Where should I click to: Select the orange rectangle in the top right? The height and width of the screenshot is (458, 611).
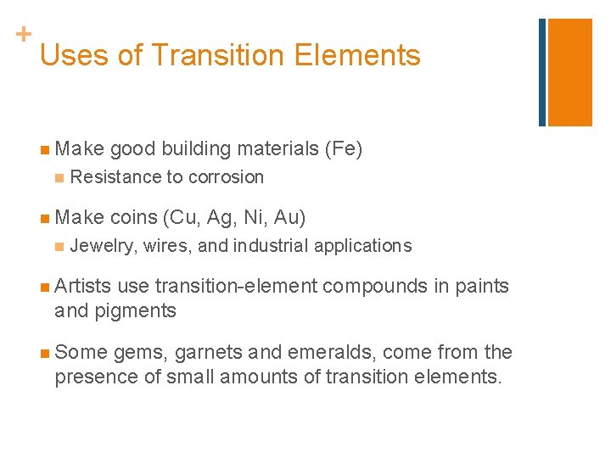click(x=569, y=72)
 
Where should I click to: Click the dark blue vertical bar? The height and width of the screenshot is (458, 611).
click(x=542, y=72)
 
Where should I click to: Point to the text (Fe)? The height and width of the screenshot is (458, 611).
click(x=344, y=149)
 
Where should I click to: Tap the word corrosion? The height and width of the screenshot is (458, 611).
click(x=226, y=177)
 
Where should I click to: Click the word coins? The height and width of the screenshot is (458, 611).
click(x=132, y=218)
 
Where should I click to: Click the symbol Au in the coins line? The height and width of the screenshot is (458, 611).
click(x=288, y=218)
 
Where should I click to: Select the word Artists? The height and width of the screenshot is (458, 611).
click(x=82, y=287)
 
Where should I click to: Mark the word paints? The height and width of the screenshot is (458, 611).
click(x=481, y=287)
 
